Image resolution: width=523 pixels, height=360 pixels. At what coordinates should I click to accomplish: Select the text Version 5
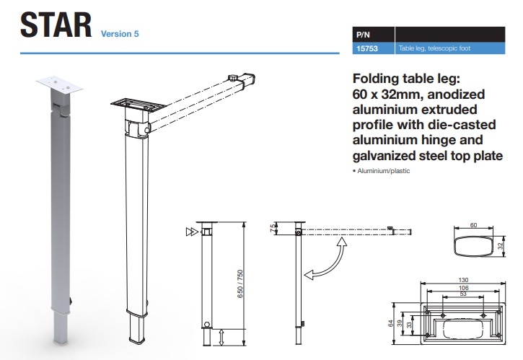pos(120,33)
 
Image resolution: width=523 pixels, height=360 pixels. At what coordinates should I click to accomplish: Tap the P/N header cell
pos(362,34)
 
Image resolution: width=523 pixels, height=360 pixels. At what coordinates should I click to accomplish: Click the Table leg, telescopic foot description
pos(431,49)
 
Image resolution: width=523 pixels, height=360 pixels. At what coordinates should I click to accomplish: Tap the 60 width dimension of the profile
pos(474,225)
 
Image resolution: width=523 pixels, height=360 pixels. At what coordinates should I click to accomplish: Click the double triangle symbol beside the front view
pos(190,232)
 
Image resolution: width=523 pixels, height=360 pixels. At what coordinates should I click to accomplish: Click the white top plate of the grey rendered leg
pos(59,84)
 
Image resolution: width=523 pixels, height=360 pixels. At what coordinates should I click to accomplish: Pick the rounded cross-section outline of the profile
pos(473,245)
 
